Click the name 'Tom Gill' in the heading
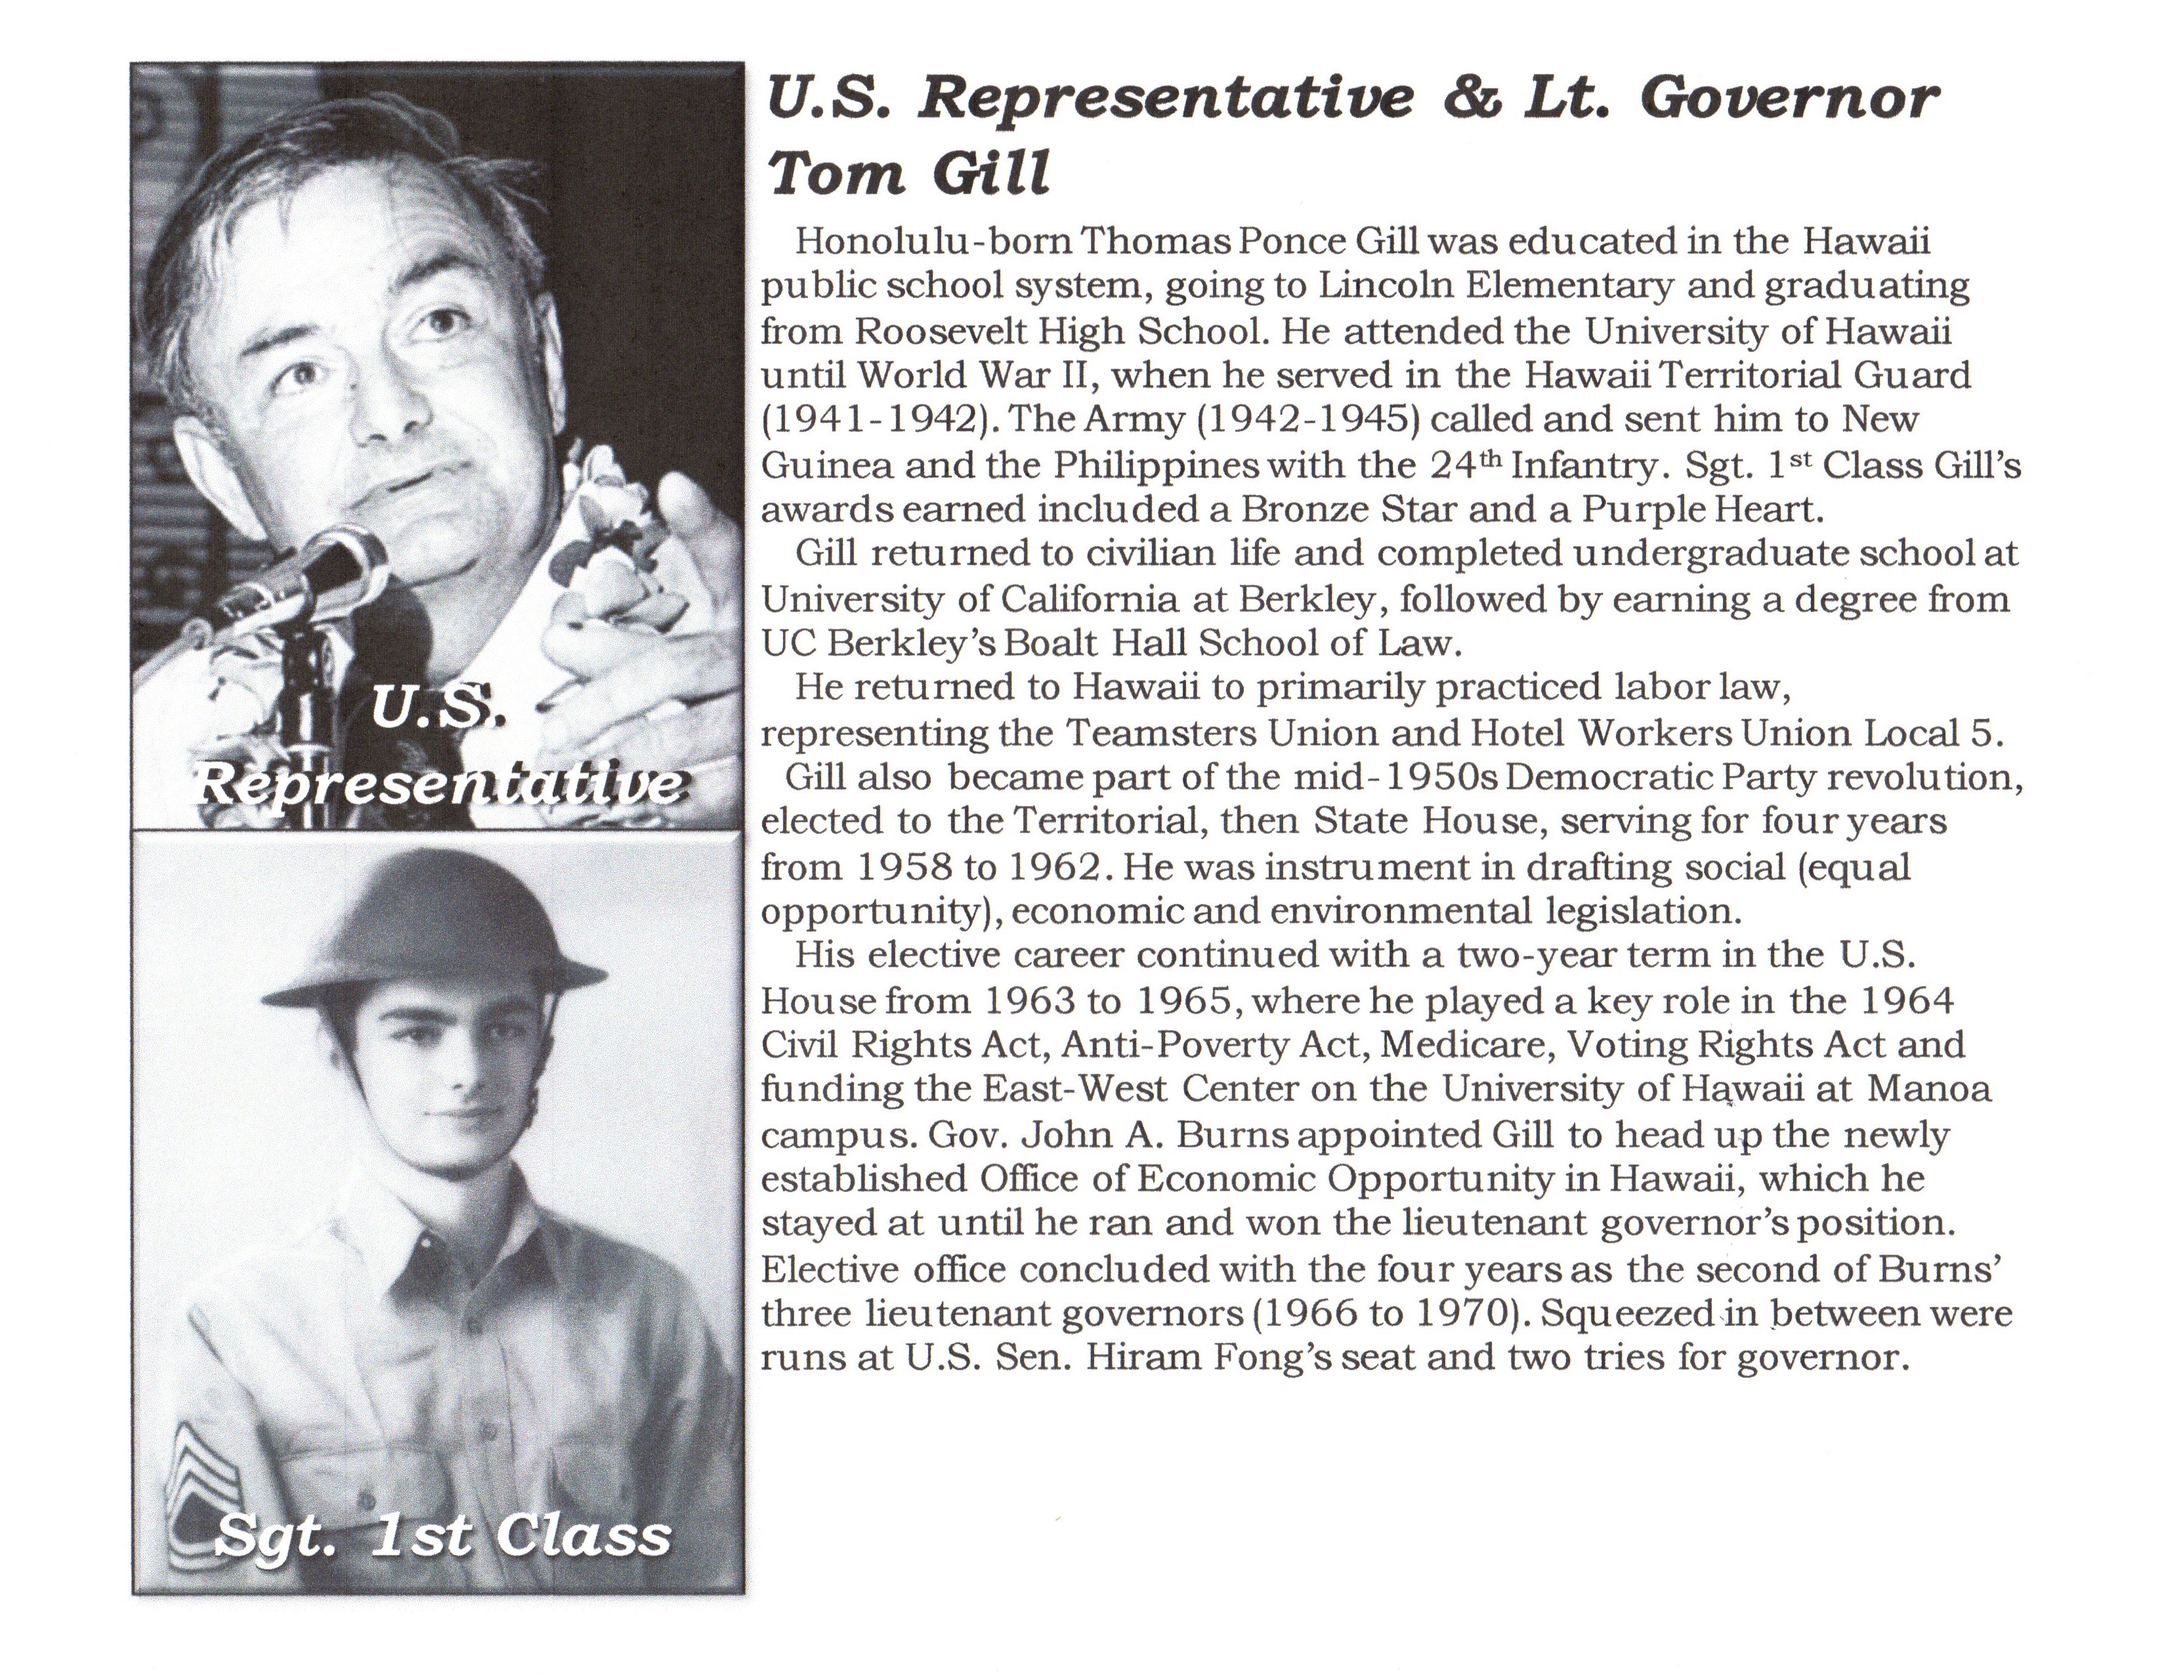pyautogui.click(x=908, y=173)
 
